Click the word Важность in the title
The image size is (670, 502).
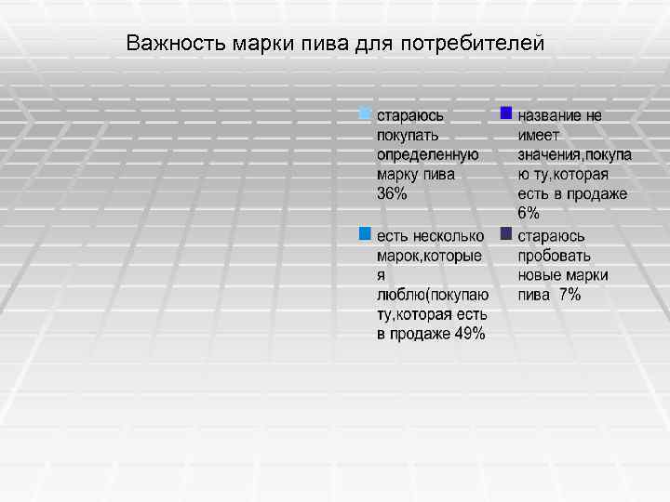pos(167,44)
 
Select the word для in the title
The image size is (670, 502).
pos(374,44)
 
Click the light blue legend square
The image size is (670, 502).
pos(366,114)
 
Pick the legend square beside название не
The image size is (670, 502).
pos(506,113)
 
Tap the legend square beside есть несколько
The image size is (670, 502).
pos(366,232)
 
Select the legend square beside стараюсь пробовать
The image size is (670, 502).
pos(506,232)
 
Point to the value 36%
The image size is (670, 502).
pos(392,194)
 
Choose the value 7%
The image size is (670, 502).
pos(569,295)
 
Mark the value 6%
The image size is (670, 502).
pos(529,214)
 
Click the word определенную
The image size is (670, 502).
pos(427,154)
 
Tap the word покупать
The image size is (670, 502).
pos(408,135)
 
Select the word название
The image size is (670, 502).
pos(551,115)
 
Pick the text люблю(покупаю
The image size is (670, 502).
pos(432,295)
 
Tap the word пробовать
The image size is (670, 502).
pos(555,256)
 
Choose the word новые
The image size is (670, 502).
pos(539,275)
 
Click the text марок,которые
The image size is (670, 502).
pos(429,256)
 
